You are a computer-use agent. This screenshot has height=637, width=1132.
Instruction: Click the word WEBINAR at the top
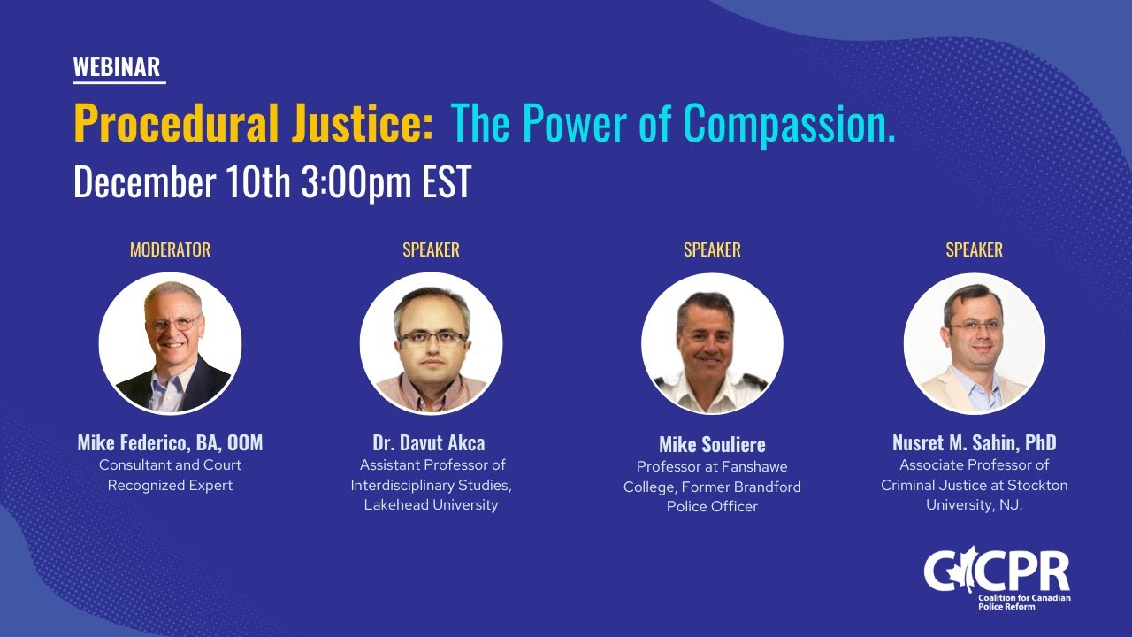pyautogui.click(x=117, y=67)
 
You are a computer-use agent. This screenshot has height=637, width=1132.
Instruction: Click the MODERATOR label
pyautogui.click(x=170, y=249)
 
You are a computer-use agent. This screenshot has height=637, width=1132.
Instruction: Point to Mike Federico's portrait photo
pyautogui.click(x=170, y=343)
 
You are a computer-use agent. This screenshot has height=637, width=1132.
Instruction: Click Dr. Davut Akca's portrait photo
pyautogui.click(x=431, y=343)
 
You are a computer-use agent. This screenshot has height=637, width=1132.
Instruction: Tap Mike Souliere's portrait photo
pyautogui.click(x=712, y=343)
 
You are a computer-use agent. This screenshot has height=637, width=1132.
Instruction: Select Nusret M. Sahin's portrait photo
pyautogui.click(x=974, y=343)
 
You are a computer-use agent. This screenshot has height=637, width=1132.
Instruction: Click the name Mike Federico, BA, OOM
pyautogui.click(x=170, y=442)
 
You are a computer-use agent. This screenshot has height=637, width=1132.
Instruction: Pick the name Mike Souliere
pyautogui.click(x=712, y=444)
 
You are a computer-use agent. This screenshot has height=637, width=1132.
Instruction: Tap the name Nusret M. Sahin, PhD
pyautogui.click(x=974, y=442)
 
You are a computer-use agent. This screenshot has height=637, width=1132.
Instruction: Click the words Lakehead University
pyautogui.click(x=431, y=505)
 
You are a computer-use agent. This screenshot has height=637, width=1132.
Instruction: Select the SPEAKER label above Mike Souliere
pyautogui.click(x=712, y=249)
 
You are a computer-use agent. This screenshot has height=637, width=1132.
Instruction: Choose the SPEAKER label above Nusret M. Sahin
pyautogui.click(x=974, y=249)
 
